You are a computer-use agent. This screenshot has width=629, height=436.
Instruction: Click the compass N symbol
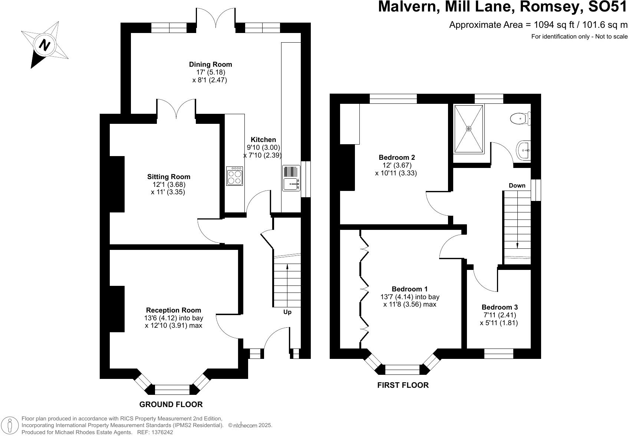tap(45, 45)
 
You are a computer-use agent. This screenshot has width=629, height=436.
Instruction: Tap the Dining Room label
tap(210, 65)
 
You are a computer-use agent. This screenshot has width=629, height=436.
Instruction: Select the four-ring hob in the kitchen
tap(235, 176)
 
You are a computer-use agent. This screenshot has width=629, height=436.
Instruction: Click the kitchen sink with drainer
tap(292, 178)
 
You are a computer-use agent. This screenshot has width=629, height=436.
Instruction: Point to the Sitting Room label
tap(168, 177)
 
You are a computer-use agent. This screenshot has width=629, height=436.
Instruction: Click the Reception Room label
tap(173, 310)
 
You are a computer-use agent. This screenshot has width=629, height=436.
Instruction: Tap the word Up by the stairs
tap(287, 312)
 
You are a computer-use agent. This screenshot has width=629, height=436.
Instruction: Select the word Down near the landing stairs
tap(517, 185)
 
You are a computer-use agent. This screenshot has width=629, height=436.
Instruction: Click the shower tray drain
tap(469, 128)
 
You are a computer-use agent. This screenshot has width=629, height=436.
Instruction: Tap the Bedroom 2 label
tap(396, 157)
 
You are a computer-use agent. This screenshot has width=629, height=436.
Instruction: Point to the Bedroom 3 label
tap(499, 307)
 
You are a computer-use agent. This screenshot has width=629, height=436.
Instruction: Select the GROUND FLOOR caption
tap(171, 404)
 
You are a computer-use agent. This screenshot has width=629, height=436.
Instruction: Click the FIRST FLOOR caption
tap(403, 385)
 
